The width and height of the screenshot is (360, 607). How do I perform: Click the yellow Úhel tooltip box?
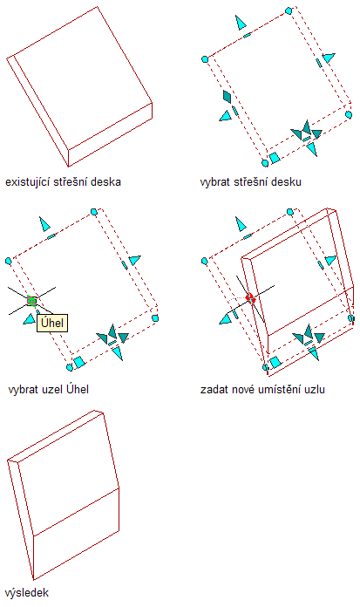click(x=52, y=323)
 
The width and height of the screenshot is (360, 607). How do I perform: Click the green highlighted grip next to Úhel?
click(x=31, y=301)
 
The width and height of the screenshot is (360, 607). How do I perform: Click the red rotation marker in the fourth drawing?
click(x=251, y=298)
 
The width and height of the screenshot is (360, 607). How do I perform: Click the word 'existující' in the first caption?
click(x=28, y=182)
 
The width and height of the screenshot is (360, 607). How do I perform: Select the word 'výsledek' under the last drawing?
click(x=27, y=593)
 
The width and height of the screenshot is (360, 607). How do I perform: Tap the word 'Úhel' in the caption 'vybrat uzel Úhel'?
click(x=78, y=389)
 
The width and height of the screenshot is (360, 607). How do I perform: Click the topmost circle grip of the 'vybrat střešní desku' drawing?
click(x=289, y=10)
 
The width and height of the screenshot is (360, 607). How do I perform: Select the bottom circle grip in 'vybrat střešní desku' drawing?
click(x=265, y=163)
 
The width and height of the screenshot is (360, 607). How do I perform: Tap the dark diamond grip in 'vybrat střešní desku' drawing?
click(x=227, y=97)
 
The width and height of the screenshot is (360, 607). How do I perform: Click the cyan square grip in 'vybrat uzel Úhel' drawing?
click(x=79, y=362)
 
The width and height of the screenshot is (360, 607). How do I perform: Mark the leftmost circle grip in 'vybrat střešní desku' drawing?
click(x=205, y=59)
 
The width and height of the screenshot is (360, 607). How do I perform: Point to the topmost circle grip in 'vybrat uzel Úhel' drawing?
click(x=94, y=212)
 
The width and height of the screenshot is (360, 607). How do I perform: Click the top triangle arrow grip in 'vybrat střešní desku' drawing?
click(x=241, y=23)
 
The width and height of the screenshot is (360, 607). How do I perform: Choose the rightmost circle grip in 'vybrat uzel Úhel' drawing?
click(x=155, y=318)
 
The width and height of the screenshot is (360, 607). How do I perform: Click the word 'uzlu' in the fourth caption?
click(x=315, y=389)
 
